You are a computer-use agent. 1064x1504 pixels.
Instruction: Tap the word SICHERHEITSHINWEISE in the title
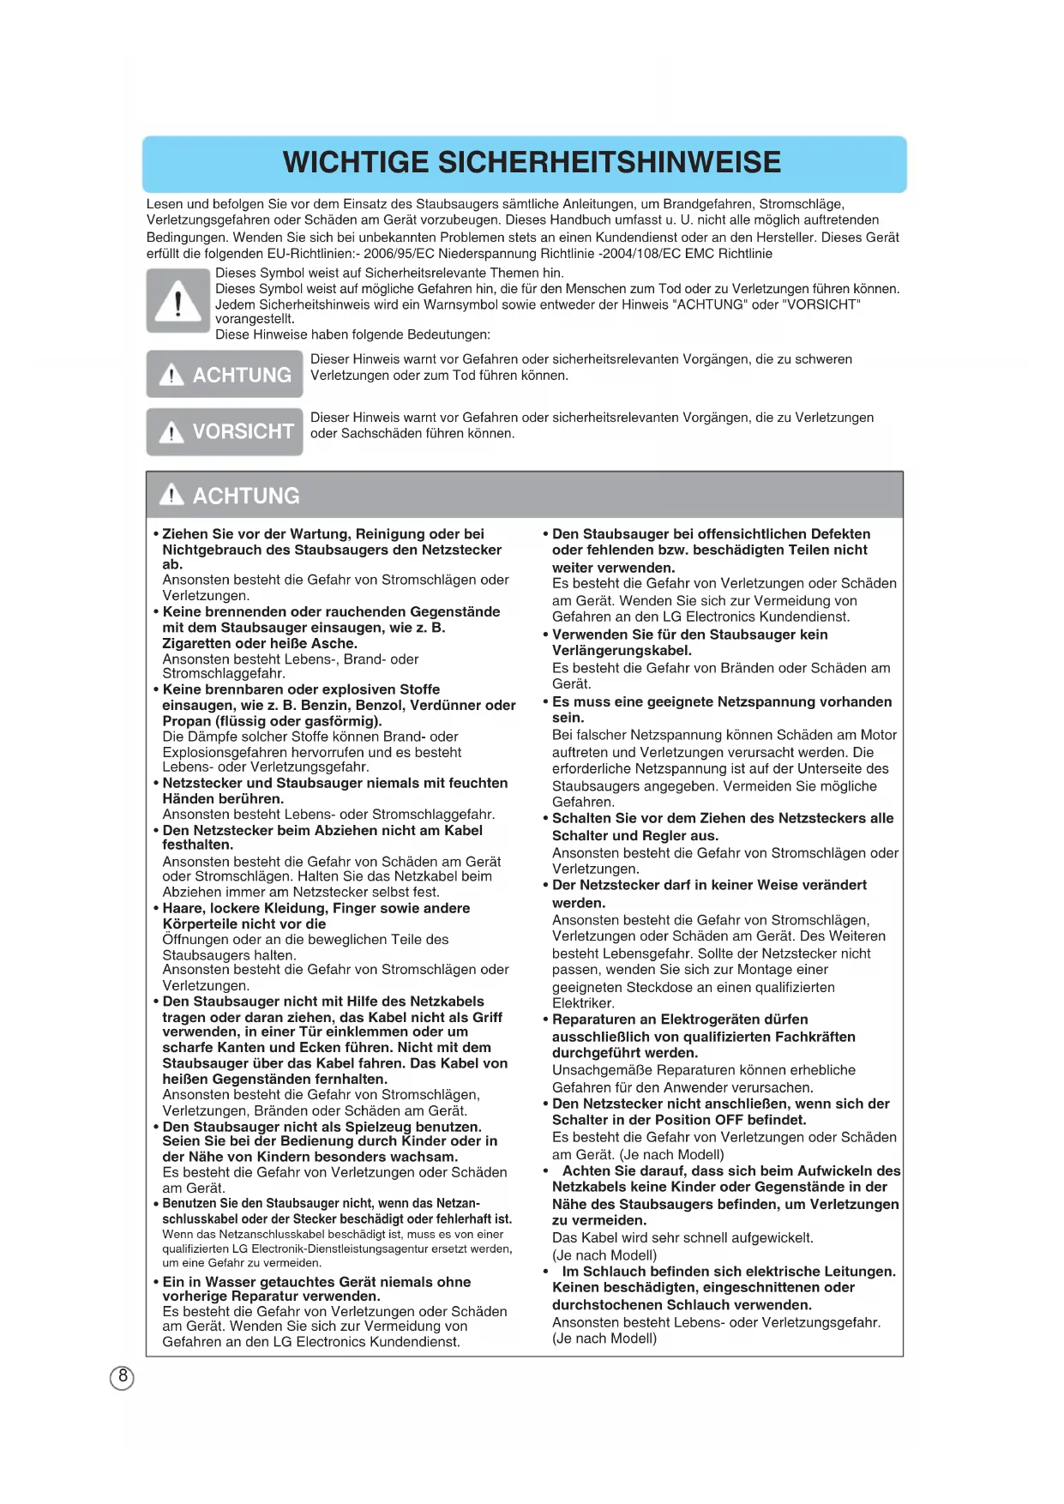tap(609, 162)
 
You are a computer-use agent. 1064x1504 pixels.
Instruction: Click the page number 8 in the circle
tap(123, 1377)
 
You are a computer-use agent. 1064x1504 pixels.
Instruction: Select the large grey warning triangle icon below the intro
tap(177, 301)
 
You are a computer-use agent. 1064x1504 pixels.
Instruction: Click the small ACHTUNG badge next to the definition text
tap(225, 375)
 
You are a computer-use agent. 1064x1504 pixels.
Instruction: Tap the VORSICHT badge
tap(225, 431)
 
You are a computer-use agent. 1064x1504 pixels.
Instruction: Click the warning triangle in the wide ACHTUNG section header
tap(171, 495)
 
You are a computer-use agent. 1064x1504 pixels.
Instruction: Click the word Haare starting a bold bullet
tap(183, 908)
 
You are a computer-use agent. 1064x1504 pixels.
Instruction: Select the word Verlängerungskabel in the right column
tap(622, 651)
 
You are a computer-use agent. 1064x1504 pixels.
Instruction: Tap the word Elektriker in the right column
tap(583, 1003)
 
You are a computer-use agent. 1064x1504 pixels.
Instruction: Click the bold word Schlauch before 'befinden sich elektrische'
tap(618, 1272)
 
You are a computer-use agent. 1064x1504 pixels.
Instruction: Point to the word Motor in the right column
tap(877, 735)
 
